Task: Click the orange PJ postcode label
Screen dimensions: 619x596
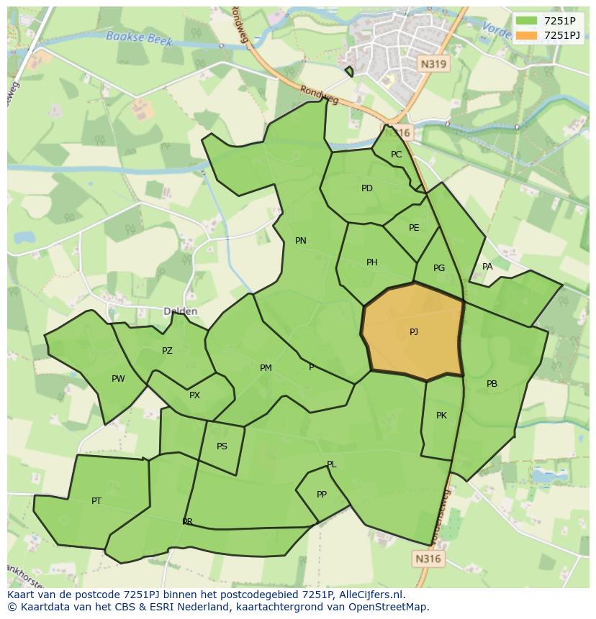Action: tap(414, 332)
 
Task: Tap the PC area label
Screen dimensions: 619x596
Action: tap(396, 155)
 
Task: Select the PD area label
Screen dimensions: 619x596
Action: tap(367, 188)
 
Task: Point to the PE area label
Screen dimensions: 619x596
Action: tap(414, 228)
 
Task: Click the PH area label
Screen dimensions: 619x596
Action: tap(371, 262)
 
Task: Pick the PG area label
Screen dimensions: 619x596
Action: tap(439, 268)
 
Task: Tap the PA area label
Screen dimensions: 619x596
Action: tap(487, 267)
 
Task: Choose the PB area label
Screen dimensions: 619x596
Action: tap(492, 384)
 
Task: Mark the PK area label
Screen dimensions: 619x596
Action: tap(441, 416)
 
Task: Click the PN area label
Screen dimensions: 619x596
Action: tap(301, 241)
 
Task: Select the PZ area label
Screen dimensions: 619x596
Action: tap(167, 351)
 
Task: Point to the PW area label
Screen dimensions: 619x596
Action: tap(118, 379)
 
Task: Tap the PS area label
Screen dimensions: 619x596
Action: tap(222, 446)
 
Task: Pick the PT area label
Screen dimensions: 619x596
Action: tap(96, 501)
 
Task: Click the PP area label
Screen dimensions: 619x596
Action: tap(322, 495)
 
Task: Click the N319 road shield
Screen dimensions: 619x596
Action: tap(433, 64)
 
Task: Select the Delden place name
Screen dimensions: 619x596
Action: tap(180, 311)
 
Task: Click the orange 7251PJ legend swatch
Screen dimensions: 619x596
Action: tap(527, 35)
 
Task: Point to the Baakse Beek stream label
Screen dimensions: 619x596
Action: tap(139, 38)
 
